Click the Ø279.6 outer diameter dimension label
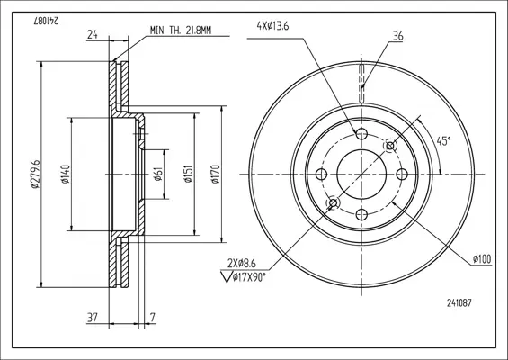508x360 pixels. [35, 175]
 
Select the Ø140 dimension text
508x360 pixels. [66, 175]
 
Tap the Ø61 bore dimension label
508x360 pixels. [157, 175]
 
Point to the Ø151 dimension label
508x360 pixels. [189, 175]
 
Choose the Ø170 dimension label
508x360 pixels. [216, 175]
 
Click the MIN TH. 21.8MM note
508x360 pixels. [181, 31]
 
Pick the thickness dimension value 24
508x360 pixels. [93, 34]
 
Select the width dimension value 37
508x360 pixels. [93, 318]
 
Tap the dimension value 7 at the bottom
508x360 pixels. [153, 318]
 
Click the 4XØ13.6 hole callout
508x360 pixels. [272, 26]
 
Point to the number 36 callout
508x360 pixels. [397, 36]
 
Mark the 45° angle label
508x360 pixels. [443, 141]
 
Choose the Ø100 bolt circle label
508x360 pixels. [482, 259]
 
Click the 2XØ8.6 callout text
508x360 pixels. [241, 264]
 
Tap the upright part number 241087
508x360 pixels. [459, 303]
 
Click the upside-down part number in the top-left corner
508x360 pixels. [46, 21]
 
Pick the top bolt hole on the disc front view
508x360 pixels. [361, 133]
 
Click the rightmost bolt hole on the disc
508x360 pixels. [402, 175]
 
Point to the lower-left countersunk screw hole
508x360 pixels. [333, 203]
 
